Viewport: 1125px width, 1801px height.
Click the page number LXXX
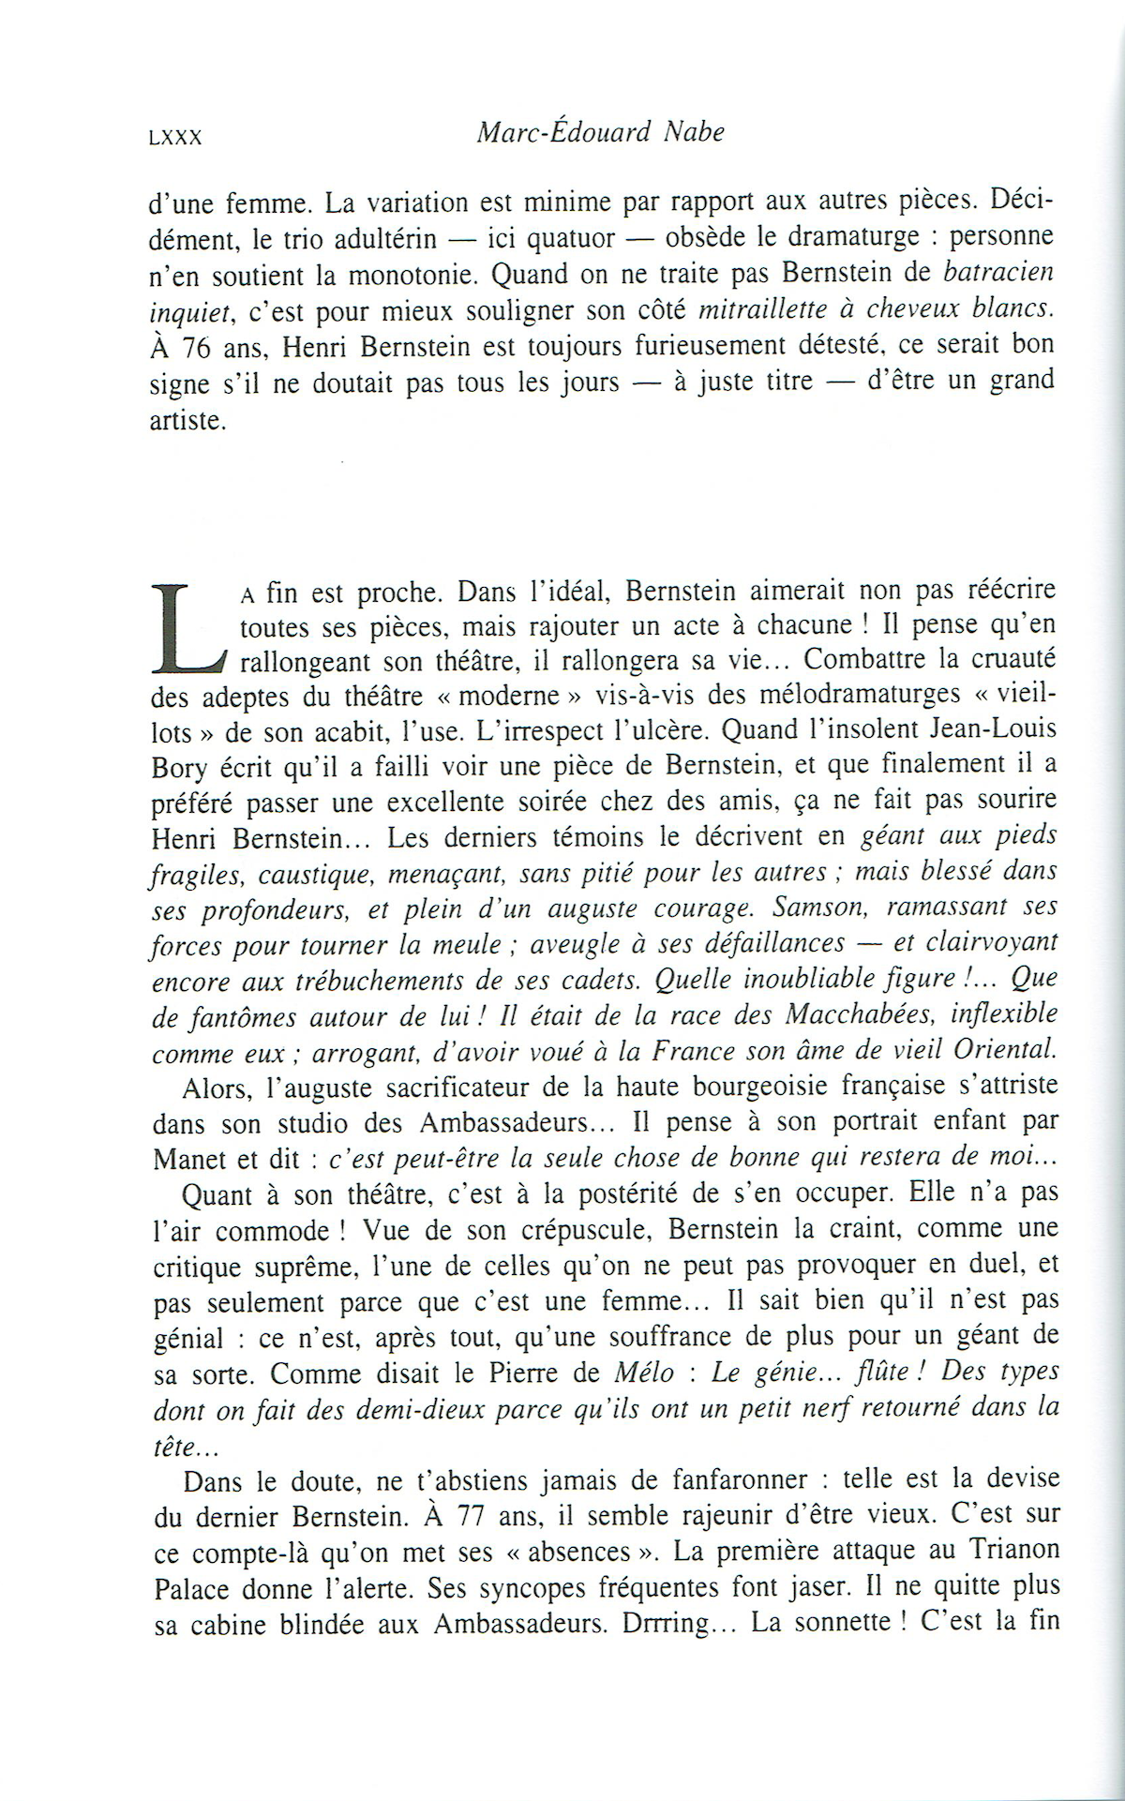175,138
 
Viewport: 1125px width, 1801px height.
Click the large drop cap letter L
187,626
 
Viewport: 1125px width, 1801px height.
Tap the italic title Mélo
643,1373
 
